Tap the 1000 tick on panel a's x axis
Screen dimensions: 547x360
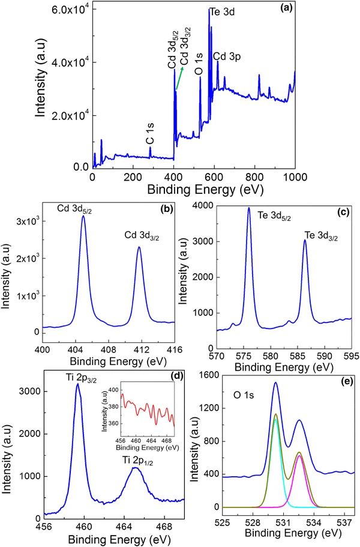coord(295,178)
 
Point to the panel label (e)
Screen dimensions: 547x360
coord(345,375)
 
